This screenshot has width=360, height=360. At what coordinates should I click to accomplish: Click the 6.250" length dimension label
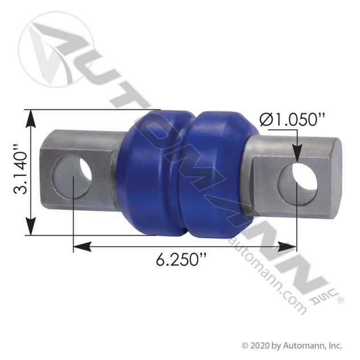[x=181, y=260]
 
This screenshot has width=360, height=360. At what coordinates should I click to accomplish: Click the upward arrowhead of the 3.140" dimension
[x=32, y=117]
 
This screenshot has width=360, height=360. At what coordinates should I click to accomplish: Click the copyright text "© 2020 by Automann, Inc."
[x=292, y=345]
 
